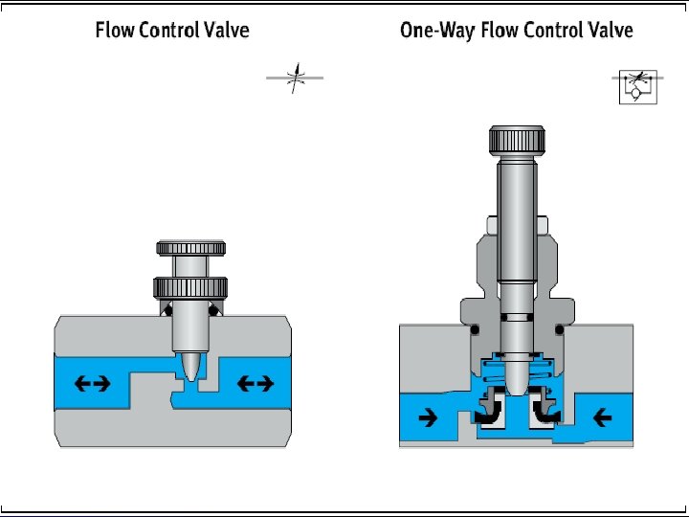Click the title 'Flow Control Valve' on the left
click(172, 30)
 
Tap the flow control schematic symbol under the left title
click(295, 79)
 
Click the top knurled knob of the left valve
click(191, 248)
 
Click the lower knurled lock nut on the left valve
click(191, 286)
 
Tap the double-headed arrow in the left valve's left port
click(94, 384)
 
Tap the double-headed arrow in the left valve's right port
click(255, 384)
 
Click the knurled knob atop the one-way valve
click(518, 139)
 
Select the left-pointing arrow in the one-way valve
click(603, 416)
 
